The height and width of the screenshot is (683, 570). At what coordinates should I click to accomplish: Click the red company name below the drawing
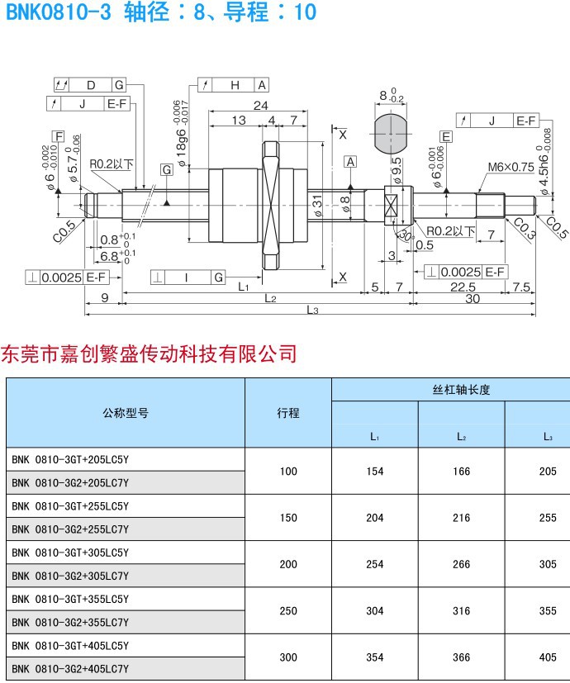(150, 353)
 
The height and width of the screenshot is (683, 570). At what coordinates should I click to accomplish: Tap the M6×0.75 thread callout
(511, 166)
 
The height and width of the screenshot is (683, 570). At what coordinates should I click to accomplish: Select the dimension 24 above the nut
(260, 106)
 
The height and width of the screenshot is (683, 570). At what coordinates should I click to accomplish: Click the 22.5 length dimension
(463, 287)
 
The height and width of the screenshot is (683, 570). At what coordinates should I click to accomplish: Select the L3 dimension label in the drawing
(312, 310)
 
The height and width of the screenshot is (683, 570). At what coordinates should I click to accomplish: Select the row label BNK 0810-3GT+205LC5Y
(70, 459)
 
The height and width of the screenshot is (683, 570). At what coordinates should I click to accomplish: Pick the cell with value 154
(375, 471)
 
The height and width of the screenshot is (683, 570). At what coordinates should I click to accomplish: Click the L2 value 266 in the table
(462, 564)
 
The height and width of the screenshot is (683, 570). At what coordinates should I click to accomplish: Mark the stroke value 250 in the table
(288, 611)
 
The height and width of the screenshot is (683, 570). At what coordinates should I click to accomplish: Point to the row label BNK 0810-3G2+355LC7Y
(70, 622)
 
